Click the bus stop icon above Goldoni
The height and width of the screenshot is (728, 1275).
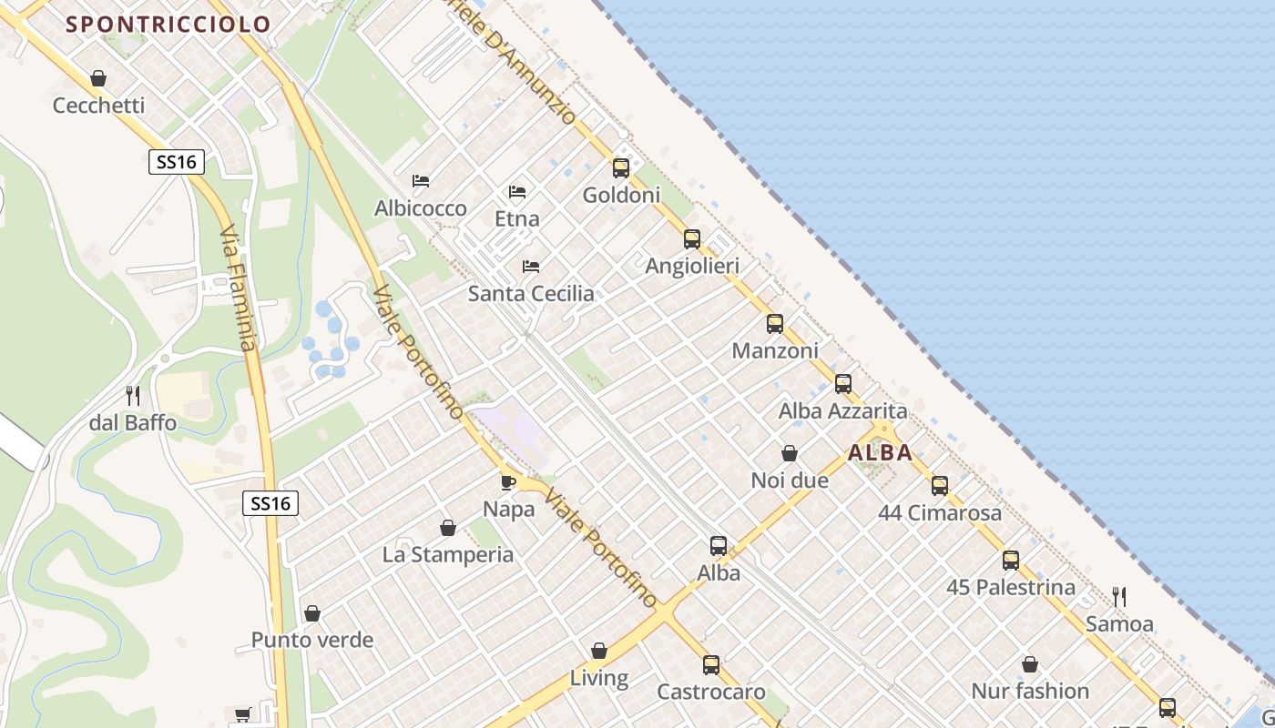click(x=621, y=168)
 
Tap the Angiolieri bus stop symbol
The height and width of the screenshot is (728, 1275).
click(x=692, y=239)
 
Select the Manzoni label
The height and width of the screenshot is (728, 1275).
click(x=775, y=350)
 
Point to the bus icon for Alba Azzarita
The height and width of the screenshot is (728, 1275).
click(x=843, y=384)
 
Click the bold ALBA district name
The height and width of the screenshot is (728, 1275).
click(x=880, y=452)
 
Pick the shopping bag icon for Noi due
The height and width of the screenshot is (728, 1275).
click(x=790, y=453)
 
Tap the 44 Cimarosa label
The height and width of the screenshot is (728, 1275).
click(x=940, y=513)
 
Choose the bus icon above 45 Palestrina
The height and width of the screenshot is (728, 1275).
click(x=1011, y=561)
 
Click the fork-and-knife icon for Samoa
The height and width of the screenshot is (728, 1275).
click(x=1119, y=597)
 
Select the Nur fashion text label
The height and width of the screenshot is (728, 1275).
click(x=1030, y=692)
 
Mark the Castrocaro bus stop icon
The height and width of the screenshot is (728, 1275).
click(x=711, y=665)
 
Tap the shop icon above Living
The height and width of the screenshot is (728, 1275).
click(x=599, y=651)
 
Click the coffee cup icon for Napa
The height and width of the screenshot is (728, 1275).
click(x=508, y=482)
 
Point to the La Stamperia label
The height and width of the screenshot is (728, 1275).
click(x=448, y=555)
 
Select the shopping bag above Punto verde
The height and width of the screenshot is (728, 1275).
click(x=312, y=613)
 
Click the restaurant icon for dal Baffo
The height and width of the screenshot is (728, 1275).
click(x=133, y=396)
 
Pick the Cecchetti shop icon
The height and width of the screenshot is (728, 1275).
click(x=98, y=78)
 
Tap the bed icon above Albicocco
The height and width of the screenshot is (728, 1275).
click(x=421, y=181)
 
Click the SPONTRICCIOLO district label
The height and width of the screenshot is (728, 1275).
click(x=169, y=25)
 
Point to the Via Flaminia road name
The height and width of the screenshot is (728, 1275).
click(x=239, y=289)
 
